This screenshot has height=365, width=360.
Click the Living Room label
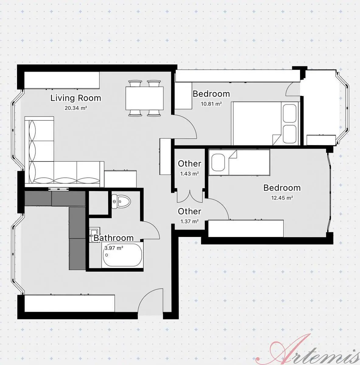(x=76, y=98)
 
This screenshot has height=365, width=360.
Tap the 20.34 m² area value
(x=76, y=108)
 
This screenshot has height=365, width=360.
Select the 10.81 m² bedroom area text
(x=211, y=104)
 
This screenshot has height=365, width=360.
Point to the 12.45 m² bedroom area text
(x=282, y=198)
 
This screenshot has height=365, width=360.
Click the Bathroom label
(x=114, y=238)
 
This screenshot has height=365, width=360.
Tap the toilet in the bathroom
(x=121, y=202)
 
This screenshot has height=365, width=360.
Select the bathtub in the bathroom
(x=122, y=255)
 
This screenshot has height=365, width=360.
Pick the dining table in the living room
(x=145, y=98)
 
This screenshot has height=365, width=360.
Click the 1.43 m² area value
(x=189, y=174)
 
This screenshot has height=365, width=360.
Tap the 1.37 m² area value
(x=190, y=221)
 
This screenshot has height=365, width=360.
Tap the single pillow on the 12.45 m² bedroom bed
(x=218, y=162)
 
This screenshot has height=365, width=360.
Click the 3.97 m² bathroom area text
(x=114, y=248)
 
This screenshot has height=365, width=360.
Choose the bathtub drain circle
(x=107, y=255)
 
